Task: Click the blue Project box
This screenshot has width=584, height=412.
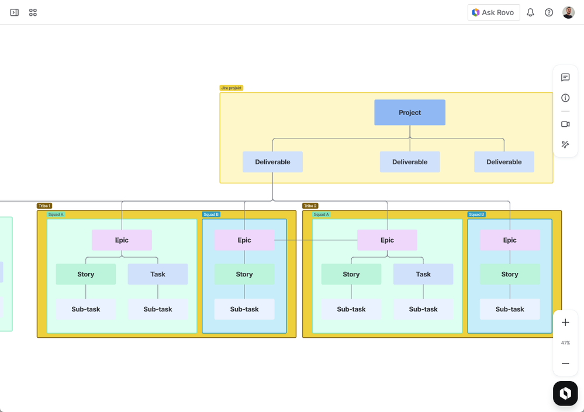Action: [x=409, y=112]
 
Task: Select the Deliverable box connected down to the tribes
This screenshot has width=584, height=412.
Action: [x=272, y=162]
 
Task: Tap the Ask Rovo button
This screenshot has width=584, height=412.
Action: [x=493, y=12]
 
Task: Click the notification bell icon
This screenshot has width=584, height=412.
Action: [x=530, y=12]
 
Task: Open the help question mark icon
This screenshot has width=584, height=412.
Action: [x=549, y=12]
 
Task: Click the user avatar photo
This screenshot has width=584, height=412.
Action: [x=568, y=12]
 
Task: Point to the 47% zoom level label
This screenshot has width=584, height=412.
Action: [x=565, y=343]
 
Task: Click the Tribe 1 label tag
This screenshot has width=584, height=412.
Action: [x=44, y=206]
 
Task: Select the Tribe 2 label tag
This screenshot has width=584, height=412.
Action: [x=310, y=206]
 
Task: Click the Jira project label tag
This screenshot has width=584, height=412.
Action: [x=231, y=88]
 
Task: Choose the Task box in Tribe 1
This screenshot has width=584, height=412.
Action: [x=158, y=274]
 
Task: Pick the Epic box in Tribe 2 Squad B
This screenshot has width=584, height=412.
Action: [x=510, y=240]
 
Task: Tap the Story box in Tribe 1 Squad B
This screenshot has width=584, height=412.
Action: [x=244, y=274]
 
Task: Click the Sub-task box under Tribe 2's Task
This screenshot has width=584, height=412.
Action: [x=423, y=309]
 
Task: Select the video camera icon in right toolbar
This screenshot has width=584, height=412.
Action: [x=565, y=124]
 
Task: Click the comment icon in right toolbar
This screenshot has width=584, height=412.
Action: [x=565, y=77]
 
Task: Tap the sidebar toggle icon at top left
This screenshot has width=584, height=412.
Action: [x=15, y=12]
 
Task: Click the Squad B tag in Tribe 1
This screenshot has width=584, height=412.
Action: [x=211, y=214]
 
